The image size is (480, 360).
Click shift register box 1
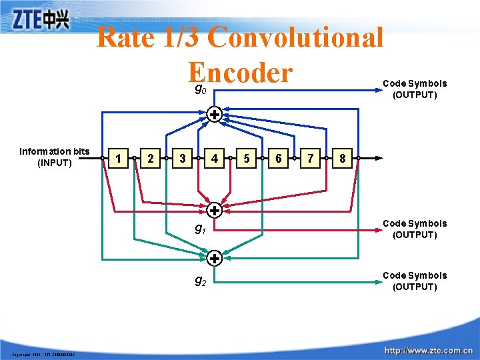tap(119, 159)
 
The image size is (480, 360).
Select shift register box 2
tap(151, 159)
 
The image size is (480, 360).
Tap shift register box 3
tap(183, 159)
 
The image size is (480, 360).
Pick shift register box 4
tap(215, 159)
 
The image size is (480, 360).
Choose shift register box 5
tap(247, 159)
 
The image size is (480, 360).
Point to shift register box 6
tap(279, 159)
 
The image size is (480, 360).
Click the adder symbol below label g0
tap(215, 114)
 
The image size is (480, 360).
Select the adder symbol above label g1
tap(215, 211)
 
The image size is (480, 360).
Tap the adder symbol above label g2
tap(215, 257)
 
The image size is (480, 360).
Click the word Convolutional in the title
tap(295, 38)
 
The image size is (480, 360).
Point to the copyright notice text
tap(43, 354)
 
